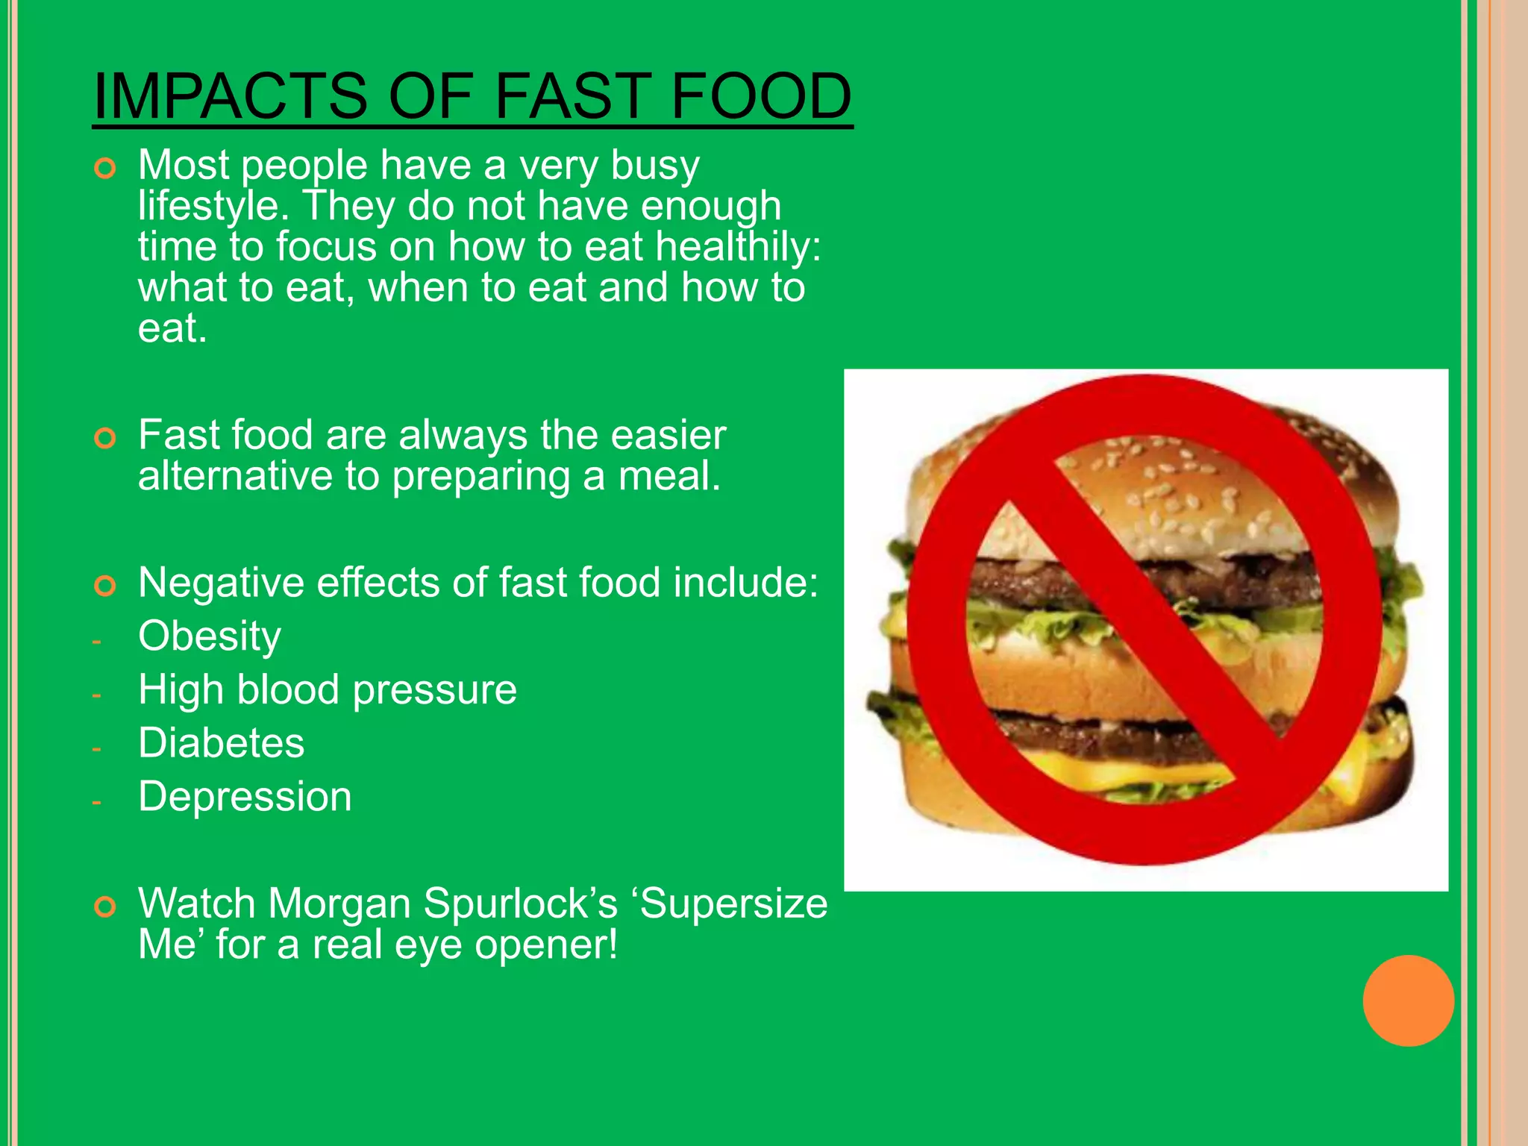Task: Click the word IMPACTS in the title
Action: click(x=231, y=96)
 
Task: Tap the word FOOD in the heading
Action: click(x=761, y=96)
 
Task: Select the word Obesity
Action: click(x=210, y=636)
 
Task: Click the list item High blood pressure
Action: click(x=327, y=689)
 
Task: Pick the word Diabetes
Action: click(x=222, y=743)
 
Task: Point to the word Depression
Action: click(x=245, y=797)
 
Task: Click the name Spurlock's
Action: click(x=521, y=904)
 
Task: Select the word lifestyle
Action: click(x=213, y=206)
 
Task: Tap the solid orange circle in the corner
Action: click(x=1408, y=1001)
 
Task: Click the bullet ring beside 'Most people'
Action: click(x=105, y=169)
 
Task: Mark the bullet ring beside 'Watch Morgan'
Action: click(x=105, y=907)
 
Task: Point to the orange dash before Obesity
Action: click(x=96, y=641)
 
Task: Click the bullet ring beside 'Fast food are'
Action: click(x=105, y=439)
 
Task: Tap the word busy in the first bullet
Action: click(x=654, y=166)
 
